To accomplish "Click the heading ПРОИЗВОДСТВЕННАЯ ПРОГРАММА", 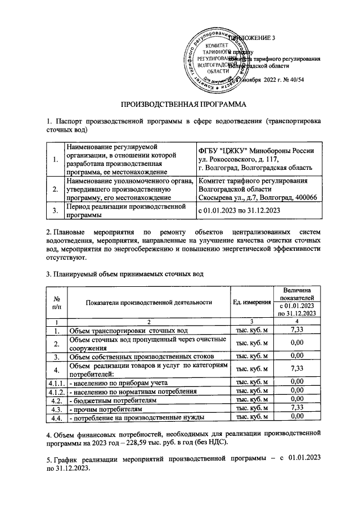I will coord(179,104).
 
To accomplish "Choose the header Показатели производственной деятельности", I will coord(148,302).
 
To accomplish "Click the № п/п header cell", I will coord(56,302).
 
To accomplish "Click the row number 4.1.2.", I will coord(56,391).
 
